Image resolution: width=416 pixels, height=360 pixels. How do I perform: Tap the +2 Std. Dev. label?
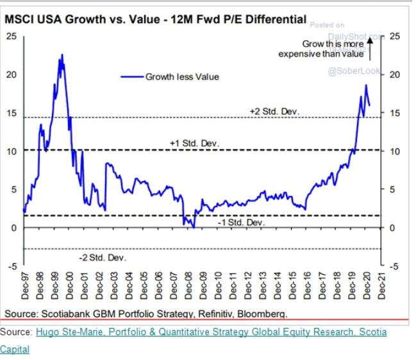click(x=274, y=111)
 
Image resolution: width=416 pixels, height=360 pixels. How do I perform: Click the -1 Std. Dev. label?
click(x=240, y=222)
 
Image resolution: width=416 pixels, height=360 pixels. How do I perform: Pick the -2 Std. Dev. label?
click(x=103, y=257)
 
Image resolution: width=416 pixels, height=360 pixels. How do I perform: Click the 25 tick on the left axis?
click(x=12, y=36)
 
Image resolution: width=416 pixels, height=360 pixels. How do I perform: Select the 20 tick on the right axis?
click(x=394, y=74)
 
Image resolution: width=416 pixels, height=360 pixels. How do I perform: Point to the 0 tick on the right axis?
click(x=392, y=228)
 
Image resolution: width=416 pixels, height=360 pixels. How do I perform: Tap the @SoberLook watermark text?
click(x=354, y=71)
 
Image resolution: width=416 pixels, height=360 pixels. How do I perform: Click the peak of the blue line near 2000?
click(x=62, y=55)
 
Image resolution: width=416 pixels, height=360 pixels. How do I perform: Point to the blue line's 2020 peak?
click(x=366, y=85)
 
